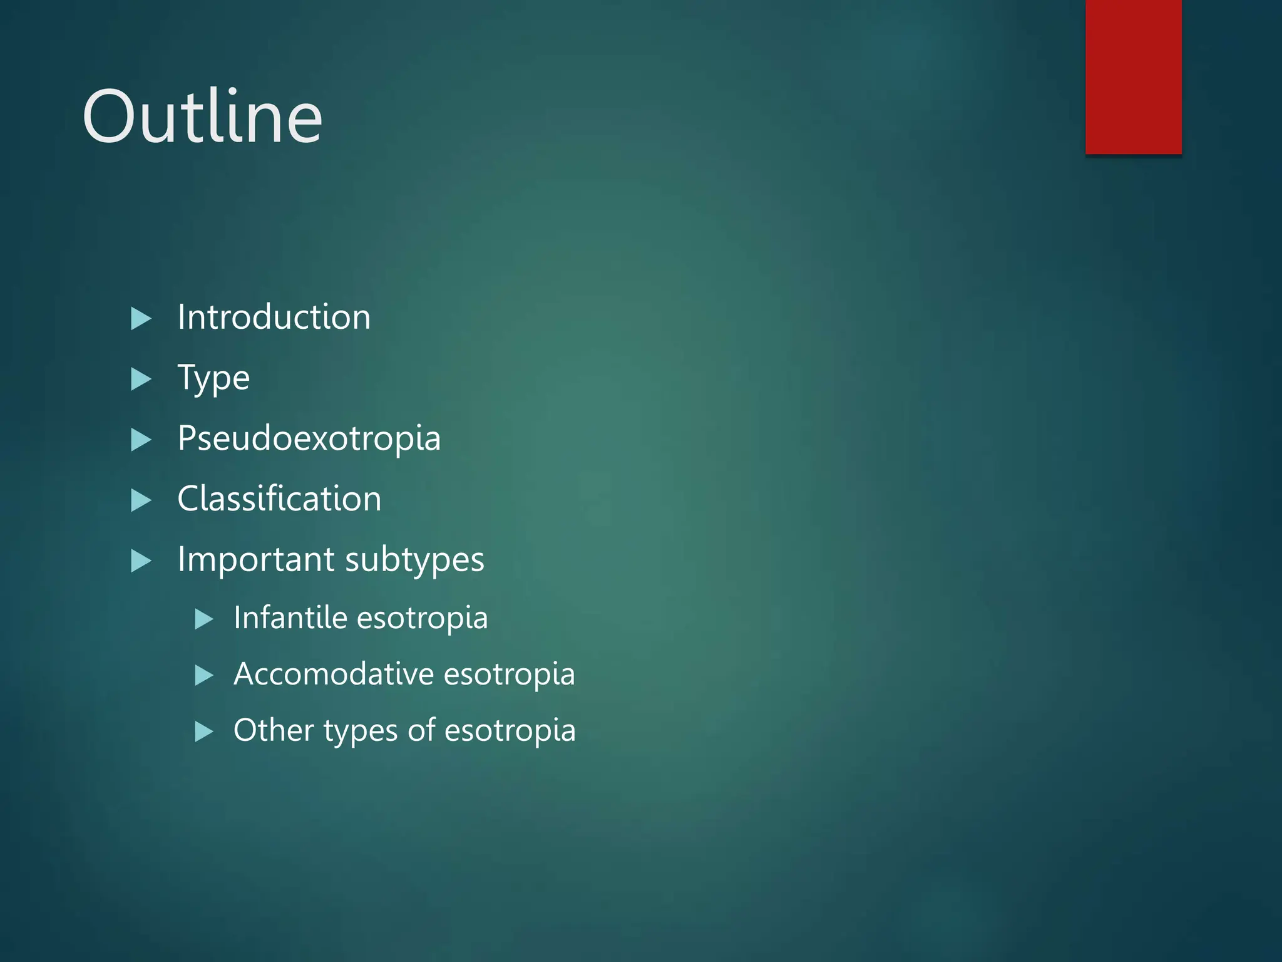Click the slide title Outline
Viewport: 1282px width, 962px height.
click(202, 117)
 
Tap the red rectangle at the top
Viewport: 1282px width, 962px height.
click(1133, 76)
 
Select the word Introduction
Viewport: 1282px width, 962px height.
click(274, 317)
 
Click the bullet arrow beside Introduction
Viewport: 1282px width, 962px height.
click(141, 319)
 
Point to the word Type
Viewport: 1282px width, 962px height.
click(213, 378)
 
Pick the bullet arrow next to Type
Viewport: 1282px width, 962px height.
click(141, 380)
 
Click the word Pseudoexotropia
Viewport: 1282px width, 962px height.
click(309, 438)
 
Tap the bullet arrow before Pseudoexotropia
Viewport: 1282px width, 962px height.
click(141, 440)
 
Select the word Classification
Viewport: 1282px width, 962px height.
click(279, 499)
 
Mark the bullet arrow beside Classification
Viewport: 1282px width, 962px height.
click(141, 500)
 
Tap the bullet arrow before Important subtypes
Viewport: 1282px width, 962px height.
click(141, 561)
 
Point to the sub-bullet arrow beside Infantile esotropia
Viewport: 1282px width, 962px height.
click(204, 619)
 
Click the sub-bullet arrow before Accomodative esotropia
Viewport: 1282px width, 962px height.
click(204, 675)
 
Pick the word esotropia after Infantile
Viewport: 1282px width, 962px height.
click(423, 618)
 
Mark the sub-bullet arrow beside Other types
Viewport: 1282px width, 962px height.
click(204, 732)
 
